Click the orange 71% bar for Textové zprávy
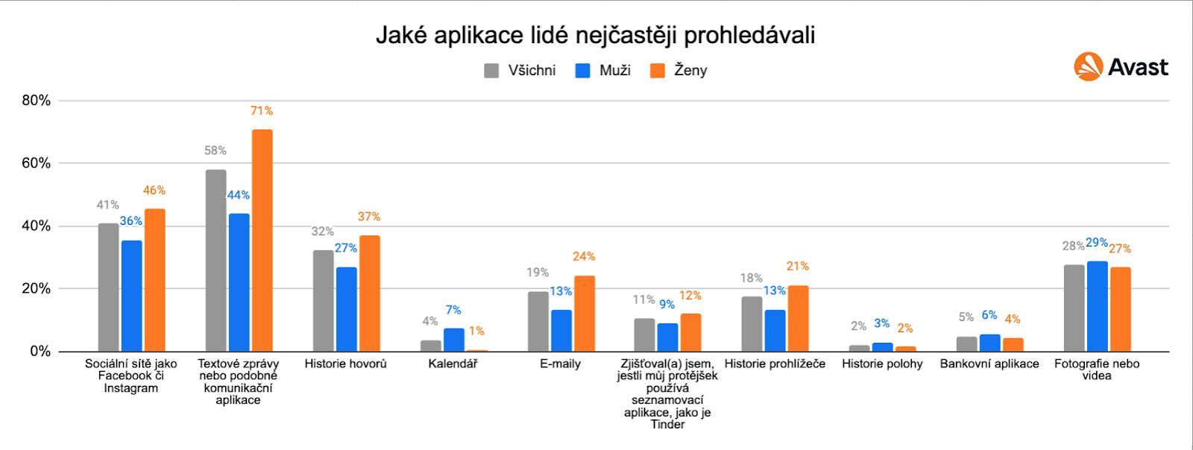tap(262, 240)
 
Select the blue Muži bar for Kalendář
tap(453, 340)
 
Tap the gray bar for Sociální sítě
tap(108, 288)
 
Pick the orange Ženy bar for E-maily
tap(584, 314)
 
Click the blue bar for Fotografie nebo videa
tap(1097, 306)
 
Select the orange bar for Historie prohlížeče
tap(798, 318)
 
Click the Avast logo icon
tap(1088, 67)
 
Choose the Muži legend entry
tap(603, 71)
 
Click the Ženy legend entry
tap(679, 71)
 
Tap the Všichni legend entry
tap(520, 71)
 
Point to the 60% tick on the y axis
tap(36, 163)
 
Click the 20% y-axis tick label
tap(36, 288)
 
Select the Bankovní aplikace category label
tap(989, 364)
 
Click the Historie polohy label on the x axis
tap(882, 364)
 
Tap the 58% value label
tap(215, 150)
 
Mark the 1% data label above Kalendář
tap(476, 331)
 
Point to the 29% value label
tap(1097, 243)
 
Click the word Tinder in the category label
tap(667, 425)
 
